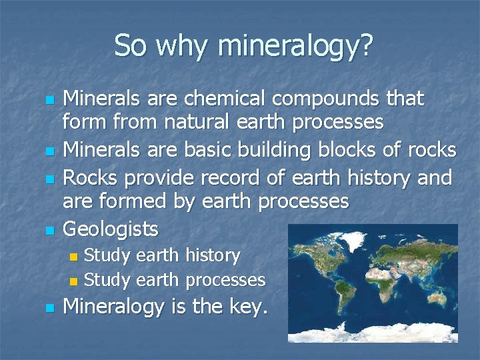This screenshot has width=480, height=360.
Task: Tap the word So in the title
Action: coord(130,46)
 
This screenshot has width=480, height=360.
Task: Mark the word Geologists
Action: coord(110,230)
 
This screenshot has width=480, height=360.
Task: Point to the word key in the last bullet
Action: coord(242,308)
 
